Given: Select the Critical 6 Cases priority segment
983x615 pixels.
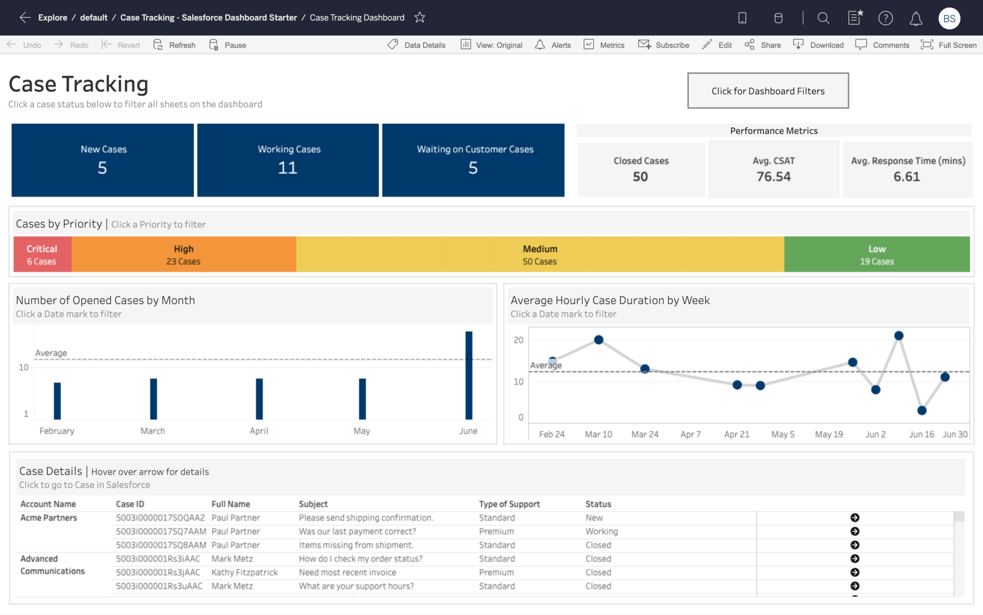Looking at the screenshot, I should (42, 254).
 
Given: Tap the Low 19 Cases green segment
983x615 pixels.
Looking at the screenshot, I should (877, 254).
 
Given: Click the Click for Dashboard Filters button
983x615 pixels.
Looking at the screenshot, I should (768, 91).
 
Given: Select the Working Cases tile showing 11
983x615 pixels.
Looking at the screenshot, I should (288, 160).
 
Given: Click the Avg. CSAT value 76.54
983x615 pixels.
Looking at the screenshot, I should (774, 177).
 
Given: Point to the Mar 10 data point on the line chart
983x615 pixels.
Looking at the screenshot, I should (599, 340).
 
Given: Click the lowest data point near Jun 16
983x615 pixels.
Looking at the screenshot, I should (922, 410).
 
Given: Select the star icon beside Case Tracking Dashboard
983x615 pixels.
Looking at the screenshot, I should (420, 18).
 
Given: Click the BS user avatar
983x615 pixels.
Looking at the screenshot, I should (949, 19).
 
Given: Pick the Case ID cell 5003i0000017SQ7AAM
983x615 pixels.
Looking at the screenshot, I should (161, 531).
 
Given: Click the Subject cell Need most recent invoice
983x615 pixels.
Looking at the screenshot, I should (347, 572).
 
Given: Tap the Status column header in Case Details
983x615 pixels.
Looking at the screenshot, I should (598, 504).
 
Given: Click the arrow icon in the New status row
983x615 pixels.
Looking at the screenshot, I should (855, 518).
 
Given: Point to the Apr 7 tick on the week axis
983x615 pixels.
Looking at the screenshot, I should (691, 434).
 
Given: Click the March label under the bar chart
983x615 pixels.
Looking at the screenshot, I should (153, 431).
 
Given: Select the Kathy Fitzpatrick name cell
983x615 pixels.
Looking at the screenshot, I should (244, 572).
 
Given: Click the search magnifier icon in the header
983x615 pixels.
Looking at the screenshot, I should (823, 18).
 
